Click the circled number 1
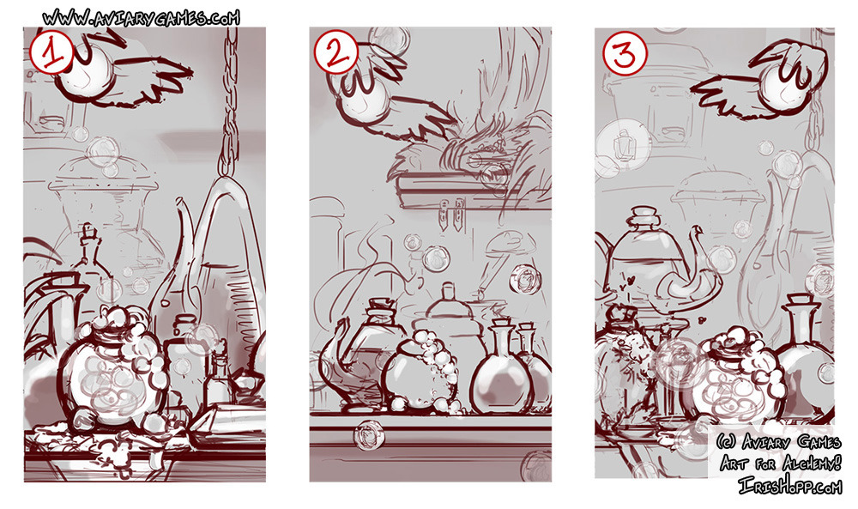point(51,52)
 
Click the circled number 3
point(625,53)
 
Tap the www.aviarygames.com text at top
point(142,18)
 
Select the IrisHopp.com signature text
point(789,485)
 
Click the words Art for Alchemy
point(780,463)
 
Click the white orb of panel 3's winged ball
point(784,87)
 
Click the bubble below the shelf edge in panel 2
point(368,434)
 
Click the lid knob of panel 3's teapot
point(644,216)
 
